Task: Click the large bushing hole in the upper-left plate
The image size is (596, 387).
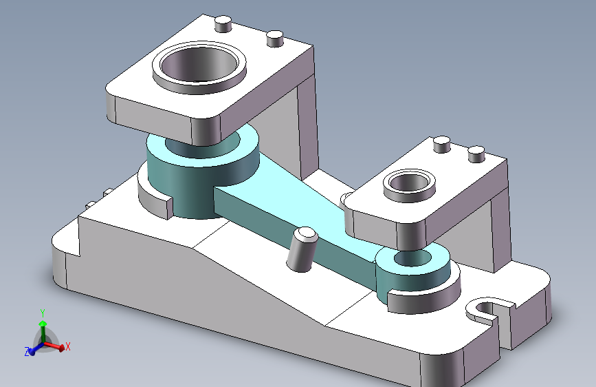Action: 199,64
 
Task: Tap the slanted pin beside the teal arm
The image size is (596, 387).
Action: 302,249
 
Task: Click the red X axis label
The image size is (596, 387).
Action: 67,346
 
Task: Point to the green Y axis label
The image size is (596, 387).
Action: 43,313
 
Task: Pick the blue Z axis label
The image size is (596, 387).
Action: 27,352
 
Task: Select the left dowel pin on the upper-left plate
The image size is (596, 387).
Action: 223,24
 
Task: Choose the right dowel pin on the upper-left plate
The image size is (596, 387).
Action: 275,39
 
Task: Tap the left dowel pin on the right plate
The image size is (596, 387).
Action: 442,145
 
